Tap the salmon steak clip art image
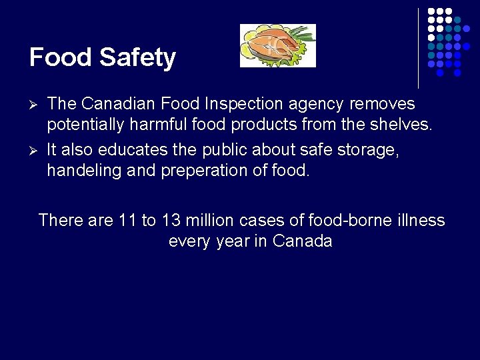[277, 45]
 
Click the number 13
[171, 220]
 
